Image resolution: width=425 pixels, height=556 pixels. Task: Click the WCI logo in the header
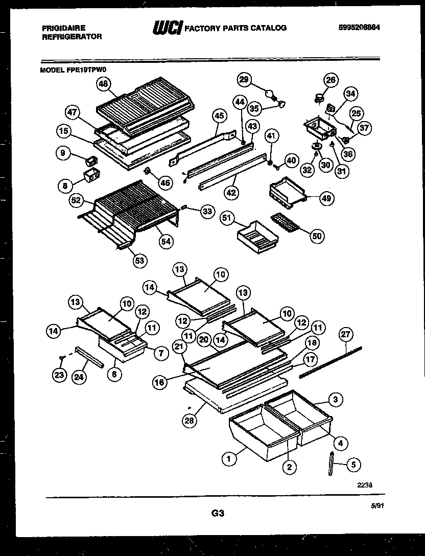(167, 28)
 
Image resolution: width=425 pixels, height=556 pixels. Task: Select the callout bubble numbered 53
(139, 261)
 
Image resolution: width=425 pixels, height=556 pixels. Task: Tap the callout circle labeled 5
(353, 465)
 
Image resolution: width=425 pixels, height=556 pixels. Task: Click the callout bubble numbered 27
(346, 334)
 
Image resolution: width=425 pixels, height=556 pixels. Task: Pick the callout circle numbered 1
(229, 459)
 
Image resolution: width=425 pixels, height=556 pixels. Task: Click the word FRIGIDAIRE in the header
(63, 28)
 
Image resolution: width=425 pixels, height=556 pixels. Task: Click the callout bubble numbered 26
(331, 79)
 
